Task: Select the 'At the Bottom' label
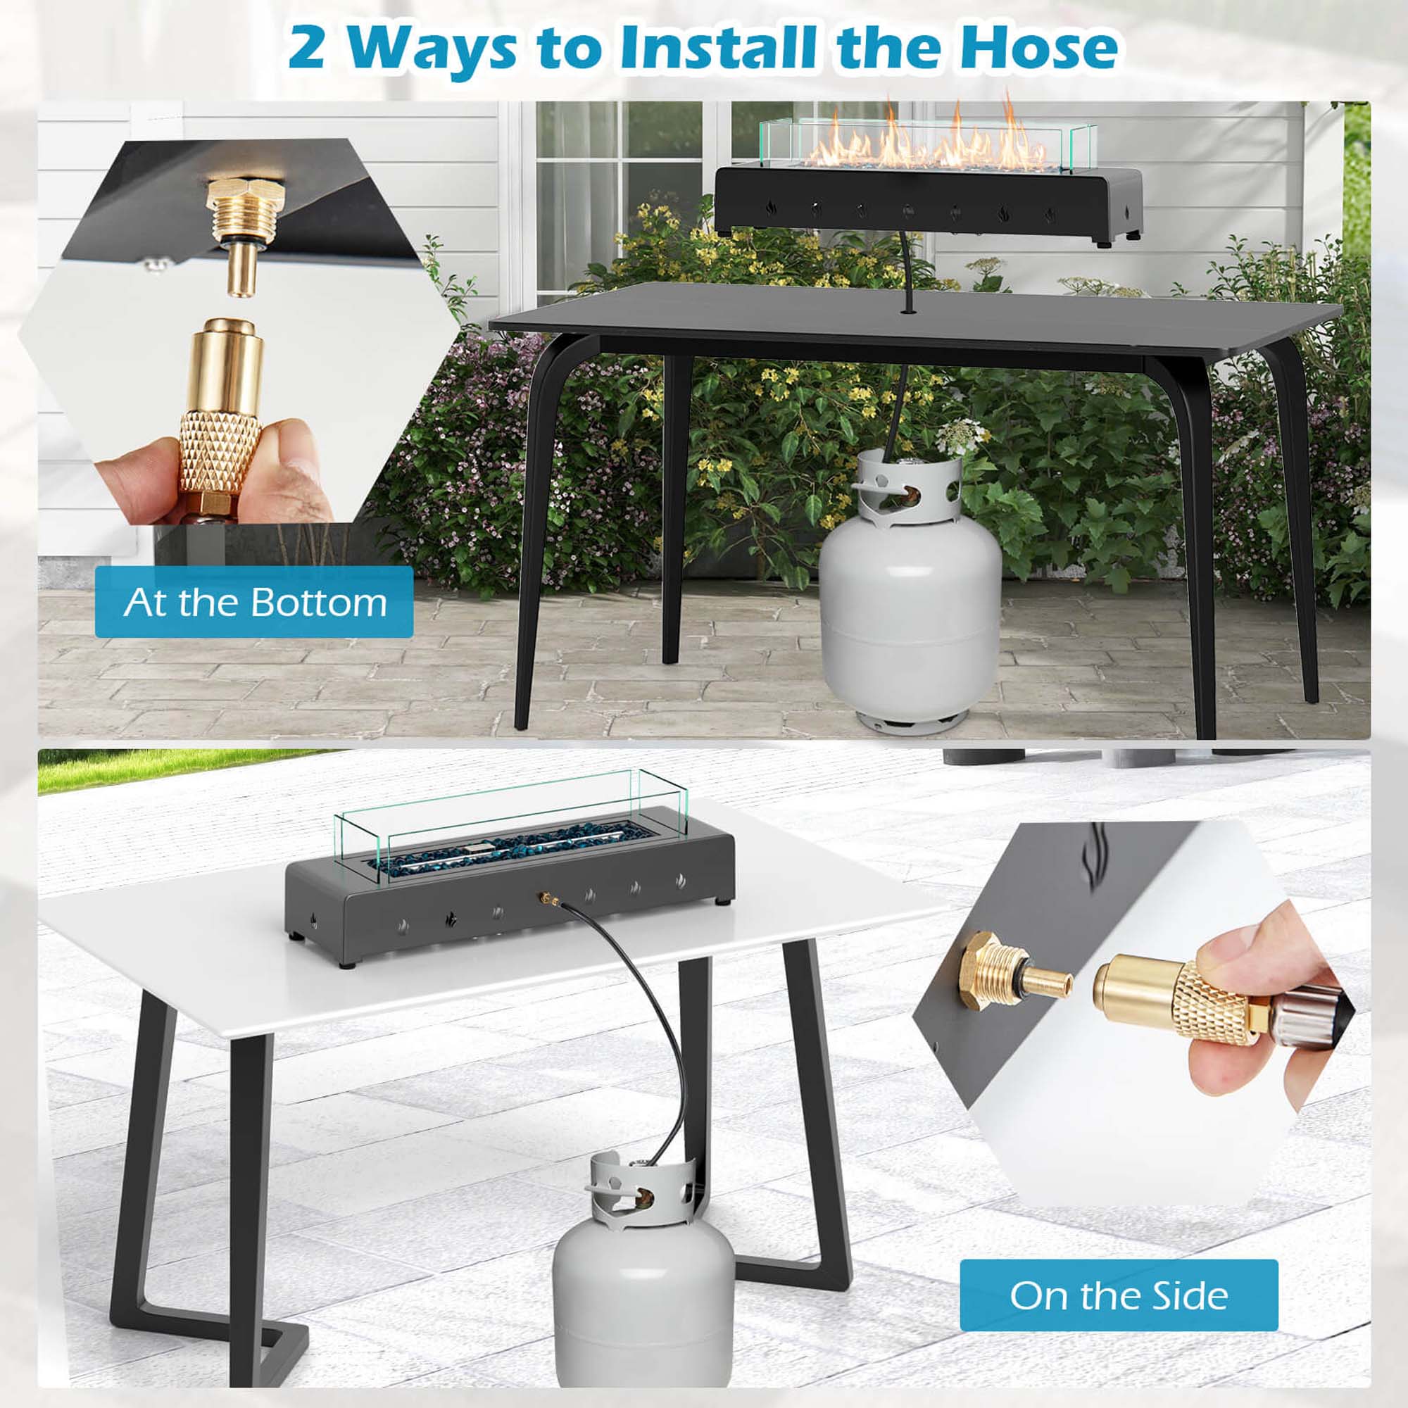tap(253, 603)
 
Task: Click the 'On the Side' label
tap(1118, 1296)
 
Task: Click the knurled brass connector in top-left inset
tap(220, 444)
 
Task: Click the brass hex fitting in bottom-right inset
tap(984, 969)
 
